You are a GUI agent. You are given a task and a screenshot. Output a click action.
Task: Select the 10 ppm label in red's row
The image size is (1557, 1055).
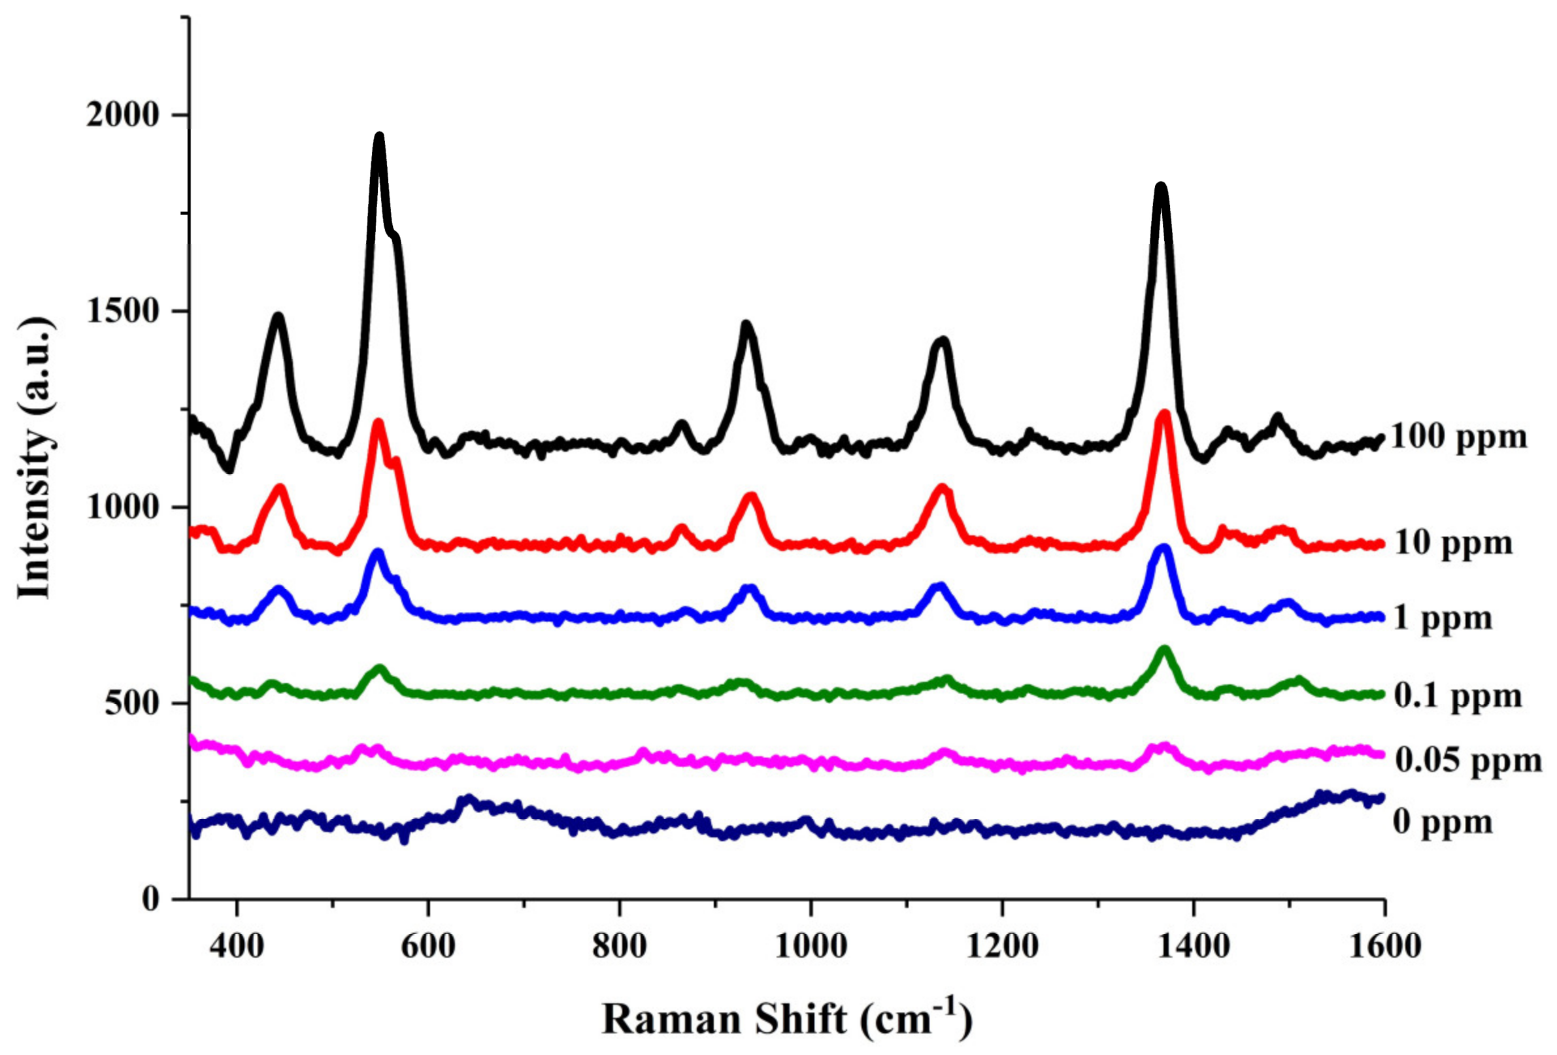point(1453,543)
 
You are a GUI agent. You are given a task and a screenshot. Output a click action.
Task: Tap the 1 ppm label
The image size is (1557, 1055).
point(1443,618)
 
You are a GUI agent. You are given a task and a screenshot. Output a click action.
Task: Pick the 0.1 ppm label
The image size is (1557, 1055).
point(1458,696)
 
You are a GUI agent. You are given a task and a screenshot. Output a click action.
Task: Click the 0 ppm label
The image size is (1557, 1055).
point(1443,822)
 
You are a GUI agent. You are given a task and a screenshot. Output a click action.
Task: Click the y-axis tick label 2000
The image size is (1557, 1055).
point(123,115)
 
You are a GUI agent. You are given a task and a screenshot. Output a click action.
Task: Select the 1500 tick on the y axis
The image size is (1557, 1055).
point(123,312)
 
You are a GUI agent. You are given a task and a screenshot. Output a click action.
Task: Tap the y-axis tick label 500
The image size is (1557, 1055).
point(132,704)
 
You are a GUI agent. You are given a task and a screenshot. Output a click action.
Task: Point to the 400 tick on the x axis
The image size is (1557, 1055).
point(237,946)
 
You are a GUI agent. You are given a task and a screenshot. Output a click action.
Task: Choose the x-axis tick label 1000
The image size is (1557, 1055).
point(811,946)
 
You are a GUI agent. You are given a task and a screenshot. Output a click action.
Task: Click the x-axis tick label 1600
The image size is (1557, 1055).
point(1384,946)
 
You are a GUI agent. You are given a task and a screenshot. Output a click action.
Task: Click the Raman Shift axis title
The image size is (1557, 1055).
point(786,1020)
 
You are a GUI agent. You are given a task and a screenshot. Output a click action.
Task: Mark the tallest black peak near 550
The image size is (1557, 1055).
point(379,137)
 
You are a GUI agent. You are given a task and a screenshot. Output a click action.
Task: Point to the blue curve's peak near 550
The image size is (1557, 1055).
point(378,553)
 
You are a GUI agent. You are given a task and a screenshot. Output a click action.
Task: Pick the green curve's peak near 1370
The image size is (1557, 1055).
point(1164,650)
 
